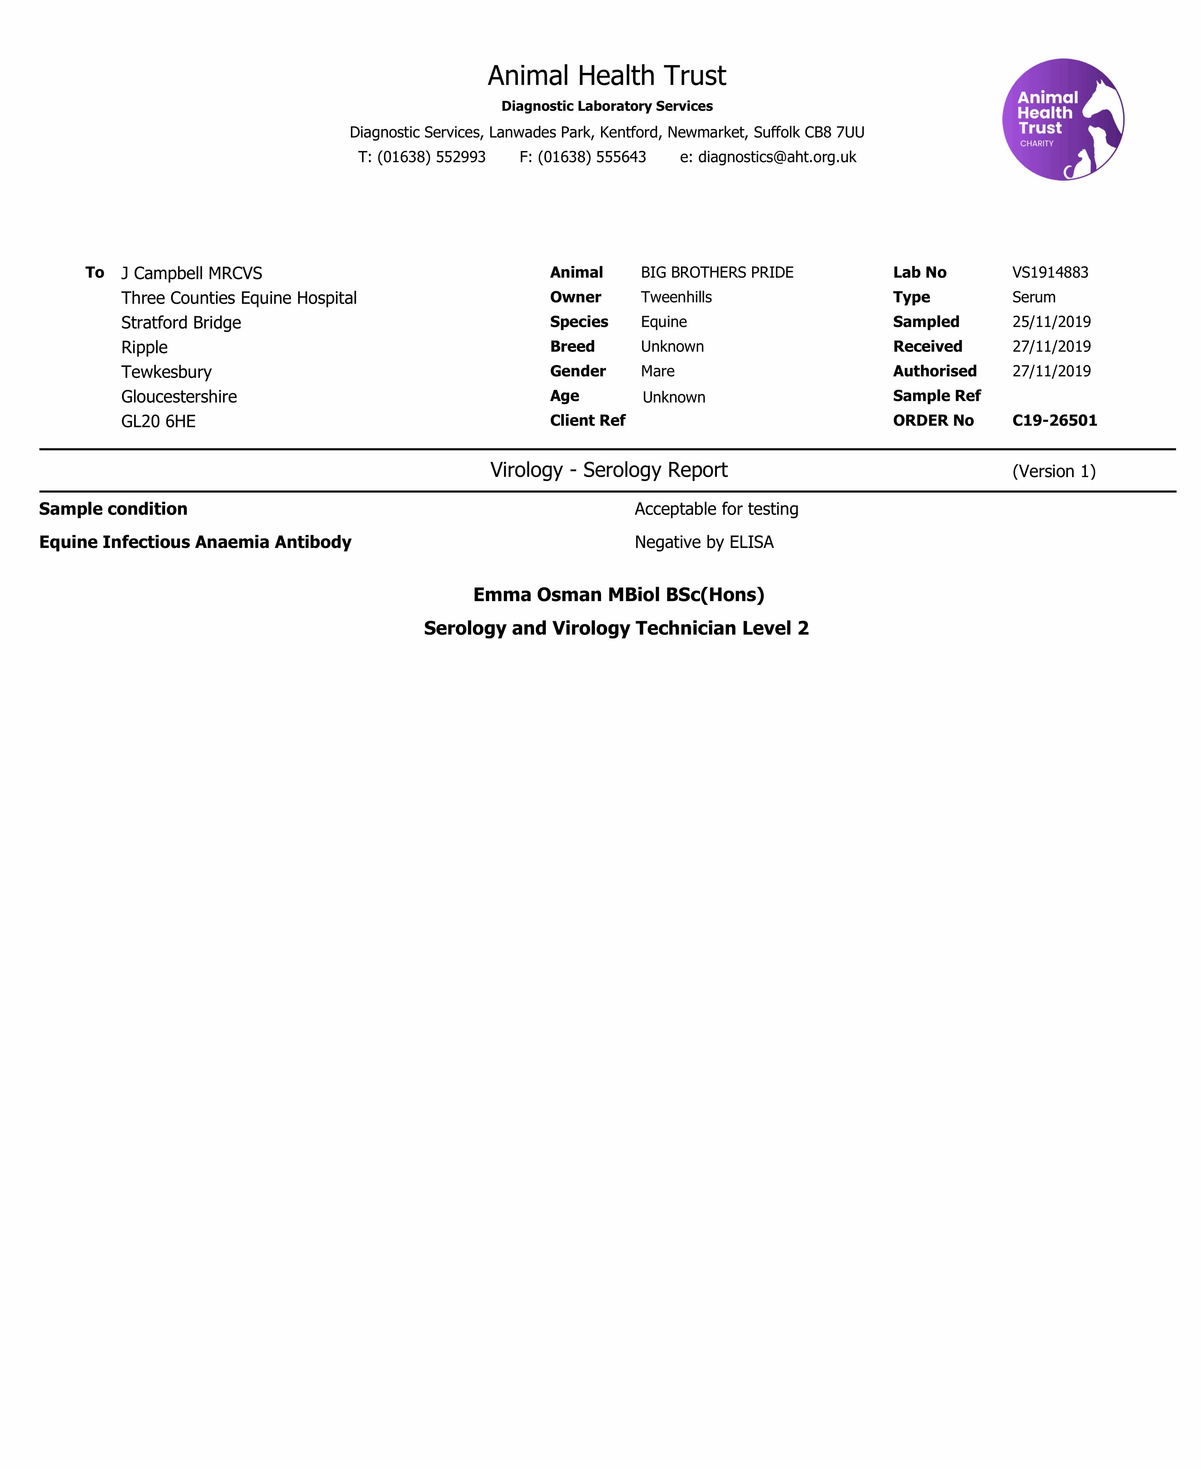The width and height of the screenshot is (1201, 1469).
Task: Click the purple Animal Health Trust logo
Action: click(1063, 120)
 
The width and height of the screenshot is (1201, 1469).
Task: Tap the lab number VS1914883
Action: click(1050, 272)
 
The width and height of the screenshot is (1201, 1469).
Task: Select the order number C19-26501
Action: click(1054, 420)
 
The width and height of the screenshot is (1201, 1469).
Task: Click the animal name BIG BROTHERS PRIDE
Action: click(717, 272)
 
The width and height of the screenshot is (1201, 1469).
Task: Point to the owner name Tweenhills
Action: click(676, 297)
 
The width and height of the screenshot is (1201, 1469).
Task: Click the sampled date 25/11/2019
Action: click(1051, 322)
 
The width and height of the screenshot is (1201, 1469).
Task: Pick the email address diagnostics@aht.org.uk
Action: click(777, 157)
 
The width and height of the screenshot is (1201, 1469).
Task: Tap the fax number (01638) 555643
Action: click(591, 157)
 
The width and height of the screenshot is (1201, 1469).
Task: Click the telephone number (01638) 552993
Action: click(431, 157)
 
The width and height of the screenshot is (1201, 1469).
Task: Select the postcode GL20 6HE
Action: click(158, 421)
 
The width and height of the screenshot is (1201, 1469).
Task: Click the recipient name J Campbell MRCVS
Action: click(192, 273)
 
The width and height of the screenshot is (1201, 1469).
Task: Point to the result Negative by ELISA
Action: click(704, 542)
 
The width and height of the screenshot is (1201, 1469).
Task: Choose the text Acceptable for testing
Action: click(716, 509)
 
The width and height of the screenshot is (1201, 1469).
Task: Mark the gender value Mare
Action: click(657, 371)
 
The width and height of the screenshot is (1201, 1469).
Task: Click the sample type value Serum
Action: click(1033, 297)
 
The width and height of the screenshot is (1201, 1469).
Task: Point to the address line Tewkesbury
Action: click(166, 372)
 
